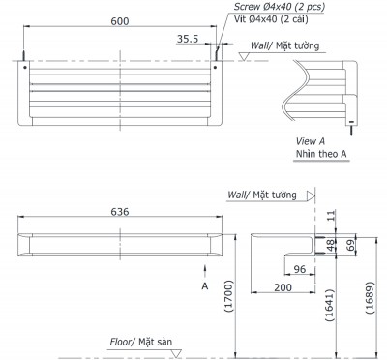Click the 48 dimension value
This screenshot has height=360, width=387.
[x=329, y=246]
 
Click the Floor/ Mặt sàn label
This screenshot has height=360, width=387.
[x=144, y=343]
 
